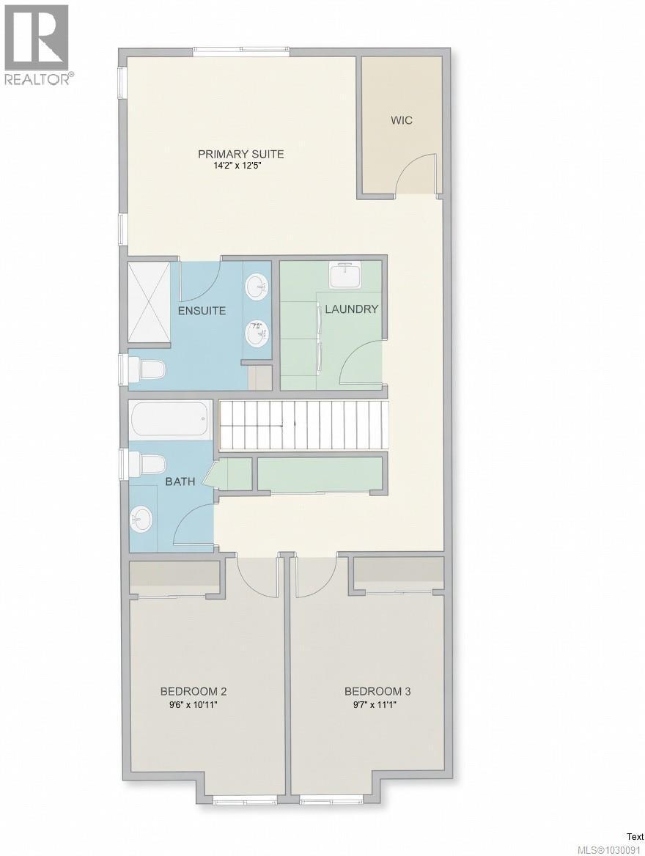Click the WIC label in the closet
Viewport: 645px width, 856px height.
click(401, 120)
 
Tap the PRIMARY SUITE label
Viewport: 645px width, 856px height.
click(240, 154)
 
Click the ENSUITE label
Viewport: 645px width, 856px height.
click(202, 311)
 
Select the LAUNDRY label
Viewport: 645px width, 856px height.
click(351, 309)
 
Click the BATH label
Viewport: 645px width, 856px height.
click(180, 481)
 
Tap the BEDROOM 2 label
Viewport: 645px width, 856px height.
click(193, 691)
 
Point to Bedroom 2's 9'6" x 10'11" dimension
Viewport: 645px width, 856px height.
click(193, 704)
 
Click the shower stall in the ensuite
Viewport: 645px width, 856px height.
click(149, 301)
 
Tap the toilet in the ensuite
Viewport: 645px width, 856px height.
click(149, 369)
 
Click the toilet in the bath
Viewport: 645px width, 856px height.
click(150, 465)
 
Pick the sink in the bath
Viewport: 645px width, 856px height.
click(142, 521)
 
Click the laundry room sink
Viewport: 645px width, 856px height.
click(346, 276)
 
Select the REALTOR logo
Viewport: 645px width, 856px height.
click(37, 44)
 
